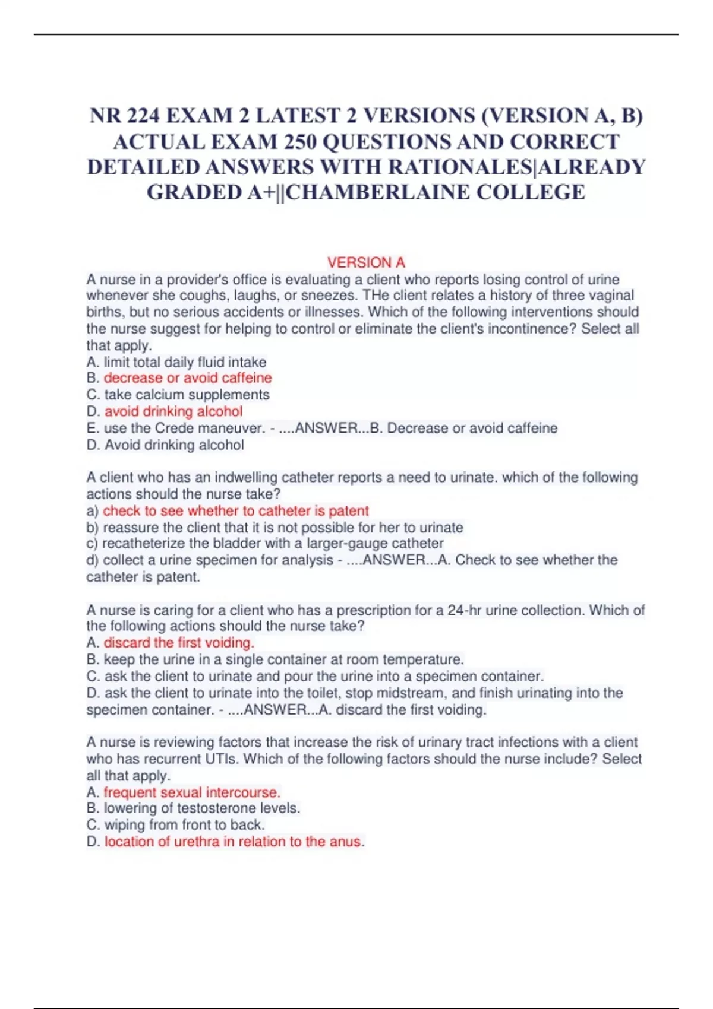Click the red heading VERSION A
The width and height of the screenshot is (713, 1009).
tap(366, 262)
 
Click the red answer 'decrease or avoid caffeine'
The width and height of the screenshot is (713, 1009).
tap(188, 378)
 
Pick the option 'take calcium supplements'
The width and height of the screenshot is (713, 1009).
tap(187, 395)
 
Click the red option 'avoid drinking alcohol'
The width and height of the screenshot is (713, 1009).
tap(173, 411)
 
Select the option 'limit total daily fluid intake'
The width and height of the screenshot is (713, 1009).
tap(185, 362)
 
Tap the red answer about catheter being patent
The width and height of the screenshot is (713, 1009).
tap(235, 511)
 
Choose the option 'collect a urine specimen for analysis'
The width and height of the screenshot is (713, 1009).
tap(217, 560)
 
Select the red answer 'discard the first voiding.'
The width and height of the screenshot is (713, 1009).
tap(179, 643)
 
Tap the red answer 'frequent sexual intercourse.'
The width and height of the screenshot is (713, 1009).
tap(192, 792)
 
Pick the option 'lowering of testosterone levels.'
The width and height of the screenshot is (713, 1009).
tap(202, 808)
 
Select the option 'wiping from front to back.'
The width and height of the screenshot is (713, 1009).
tap(184, 825)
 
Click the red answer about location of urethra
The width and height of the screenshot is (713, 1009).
tap(234, 842)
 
